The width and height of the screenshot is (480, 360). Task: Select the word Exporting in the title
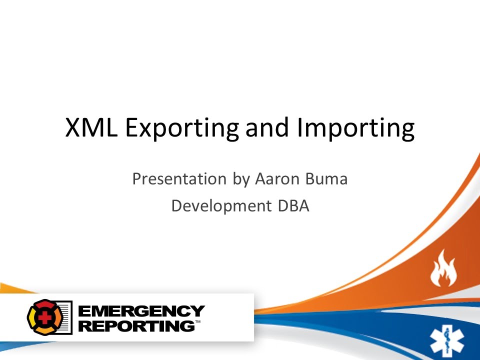(182, 128)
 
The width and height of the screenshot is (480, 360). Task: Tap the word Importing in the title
(355, 128)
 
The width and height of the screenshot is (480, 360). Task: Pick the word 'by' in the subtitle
(237, 179)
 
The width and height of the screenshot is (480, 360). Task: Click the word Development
(218, 206)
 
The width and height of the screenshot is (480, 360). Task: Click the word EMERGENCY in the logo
(141, 311)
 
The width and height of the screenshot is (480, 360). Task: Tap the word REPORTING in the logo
(136, 325)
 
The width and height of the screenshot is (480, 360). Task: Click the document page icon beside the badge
(64, 317)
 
